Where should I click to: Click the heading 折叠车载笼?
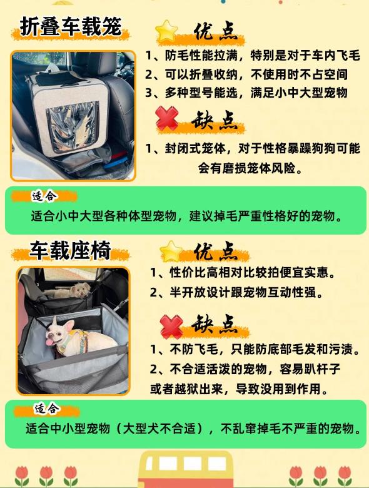click(x=70, y=27)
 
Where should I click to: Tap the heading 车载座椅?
click(x=70, y=250)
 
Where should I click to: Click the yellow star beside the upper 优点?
click(x=167, y=31)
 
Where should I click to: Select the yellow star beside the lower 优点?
click(x=171, y=251)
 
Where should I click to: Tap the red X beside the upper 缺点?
click(x=167, y=119)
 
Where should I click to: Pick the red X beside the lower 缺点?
click(x=171, y=326)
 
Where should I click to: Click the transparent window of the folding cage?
click(x=72, y=127)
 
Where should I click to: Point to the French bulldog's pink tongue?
click(x=50, y=342)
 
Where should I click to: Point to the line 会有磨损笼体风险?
click(x=250, y=168)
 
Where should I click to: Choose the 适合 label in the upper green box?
click(x=44, y=196)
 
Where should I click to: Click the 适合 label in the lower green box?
click(x=47, y=409)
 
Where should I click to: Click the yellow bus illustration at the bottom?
click(x=185, y=469)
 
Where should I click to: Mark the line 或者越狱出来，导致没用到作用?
click(x=239, y=389)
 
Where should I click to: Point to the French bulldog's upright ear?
click(x=55, y=321)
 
